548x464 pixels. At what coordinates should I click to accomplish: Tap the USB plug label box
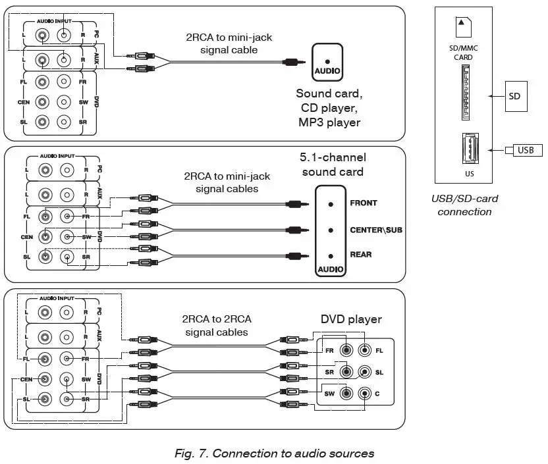click(525, 150)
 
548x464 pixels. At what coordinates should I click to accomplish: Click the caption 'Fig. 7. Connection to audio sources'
click(274, 453)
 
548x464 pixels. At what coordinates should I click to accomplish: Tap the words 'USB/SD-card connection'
click(464, 205)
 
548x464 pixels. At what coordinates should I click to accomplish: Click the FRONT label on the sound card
click(364, 203)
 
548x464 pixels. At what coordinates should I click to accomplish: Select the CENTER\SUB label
click(376, 230)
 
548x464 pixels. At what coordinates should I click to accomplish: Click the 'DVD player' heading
click(351, 319)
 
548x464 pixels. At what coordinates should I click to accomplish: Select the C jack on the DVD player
click(364, 394)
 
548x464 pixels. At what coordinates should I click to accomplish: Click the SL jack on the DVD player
click(364, 373)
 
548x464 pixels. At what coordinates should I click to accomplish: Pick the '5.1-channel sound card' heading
click(333, 165)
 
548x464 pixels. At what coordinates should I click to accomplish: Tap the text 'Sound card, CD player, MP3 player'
click(329, 108)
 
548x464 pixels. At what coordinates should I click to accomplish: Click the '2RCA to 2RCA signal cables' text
click(217, 326)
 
